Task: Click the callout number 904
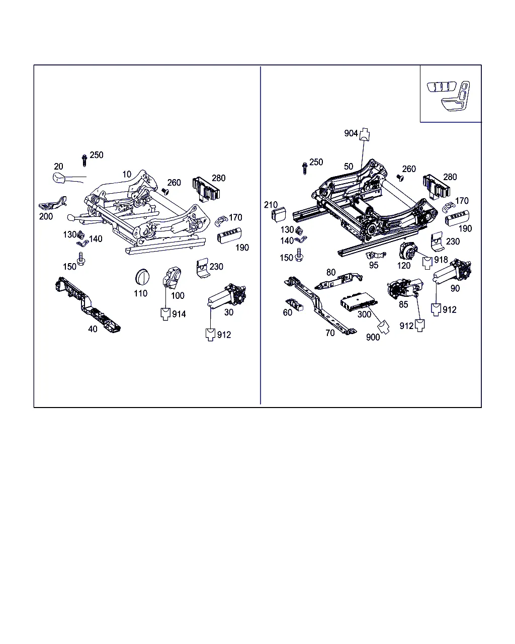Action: point(351,133)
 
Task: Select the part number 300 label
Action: point(364,314)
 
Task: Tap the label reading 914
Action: point(179,314)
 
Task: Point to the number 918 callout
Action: point(441,260)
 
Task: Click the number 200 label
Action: point(46,216)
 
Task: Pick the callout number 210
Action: point(271,205)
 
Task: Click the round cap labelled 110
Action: point(142,277)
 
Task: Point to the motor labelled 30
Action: point(227,295)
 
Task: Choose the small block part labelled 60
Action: point(294,304)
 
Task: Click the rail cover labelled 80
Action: point(338,281)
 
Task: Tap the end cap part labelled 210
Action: point(279,214)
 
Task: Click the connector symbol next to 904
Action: point(364,134)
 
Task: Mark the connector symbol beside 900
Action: point(383,327)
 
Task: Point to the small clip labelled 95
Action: point(376,255)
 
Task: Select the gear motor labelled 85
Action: point(405,288)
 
